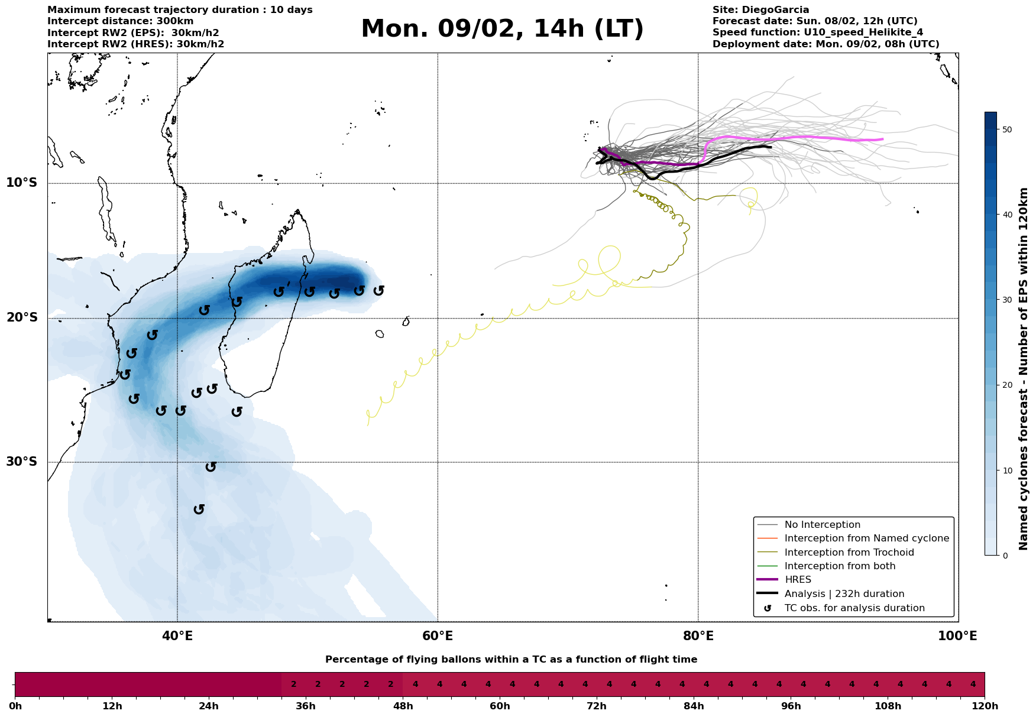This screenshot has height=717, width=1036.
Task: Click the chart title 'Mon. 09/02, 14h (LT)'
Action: click(502, 29)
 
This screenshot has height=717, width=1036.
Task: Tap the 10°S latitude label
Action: click(22, 183)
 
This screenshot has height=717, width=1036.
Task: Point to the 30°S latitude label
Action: click(22, 462)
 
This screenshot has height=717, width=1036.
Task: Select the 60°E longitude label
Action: click(438, 636)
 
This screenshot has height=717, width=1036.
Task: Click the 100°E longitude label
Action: click(957, 636)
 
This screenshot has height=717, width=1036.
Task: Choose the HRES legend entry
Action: click(798, 580)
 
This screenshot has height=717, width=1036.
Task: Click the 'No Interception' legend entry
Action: click(822, 525)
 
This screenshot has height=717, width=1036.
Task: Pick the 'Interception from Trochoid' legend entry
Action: click(849, 553)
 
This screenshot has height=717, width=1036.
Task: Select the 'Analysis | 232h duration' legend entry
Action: click(844, 594)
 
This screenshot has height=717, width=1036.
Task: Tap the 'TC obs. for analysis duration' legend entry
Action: click(854, 608)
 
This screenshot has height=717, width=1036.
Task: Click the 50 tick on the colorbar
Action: click(1005, 129)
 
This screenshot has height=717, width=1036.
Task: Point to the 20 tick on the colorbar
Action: click(1005, 385)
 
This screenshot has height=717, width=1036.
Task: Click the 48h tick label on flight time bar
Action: click(403, 706)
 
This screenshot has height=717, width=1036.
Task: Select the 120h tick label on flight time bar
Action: click(985, 706)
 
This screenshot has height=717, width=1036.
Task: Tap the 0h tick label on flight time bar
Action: click(15, 706)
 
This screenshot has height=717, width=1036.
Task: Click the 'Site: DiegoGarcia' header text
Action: click(760, 10)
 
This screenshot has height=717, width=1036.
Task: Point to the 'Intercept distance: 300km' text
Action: click(120, 21)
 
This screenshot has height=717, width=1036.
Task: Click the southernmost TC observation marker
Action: click(199, 509)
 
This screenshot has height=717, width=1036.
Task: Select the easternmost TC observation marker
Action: click(379, 290)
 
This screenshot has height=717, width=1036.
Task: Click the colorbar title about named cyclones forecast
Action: click(1024, 369)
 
